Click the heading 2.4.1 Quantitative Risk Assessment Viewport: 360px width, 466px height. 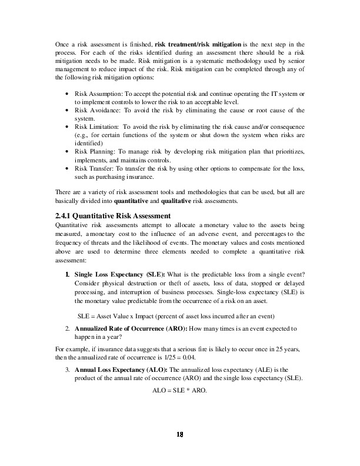coord(112,215)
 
